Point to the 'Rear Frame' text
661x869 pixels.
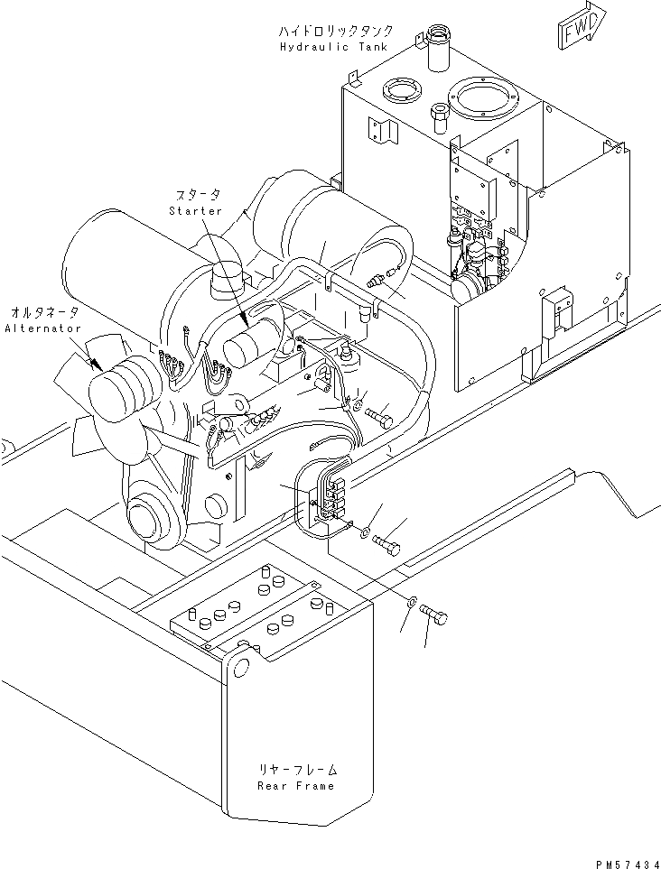click(294, 785)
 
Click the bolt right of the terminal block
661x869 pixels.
click(386, 544)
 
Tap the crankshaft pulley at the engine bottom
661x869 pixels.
click(146, 520)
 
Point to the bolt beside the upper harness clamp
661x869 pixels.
click(382, 420)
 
